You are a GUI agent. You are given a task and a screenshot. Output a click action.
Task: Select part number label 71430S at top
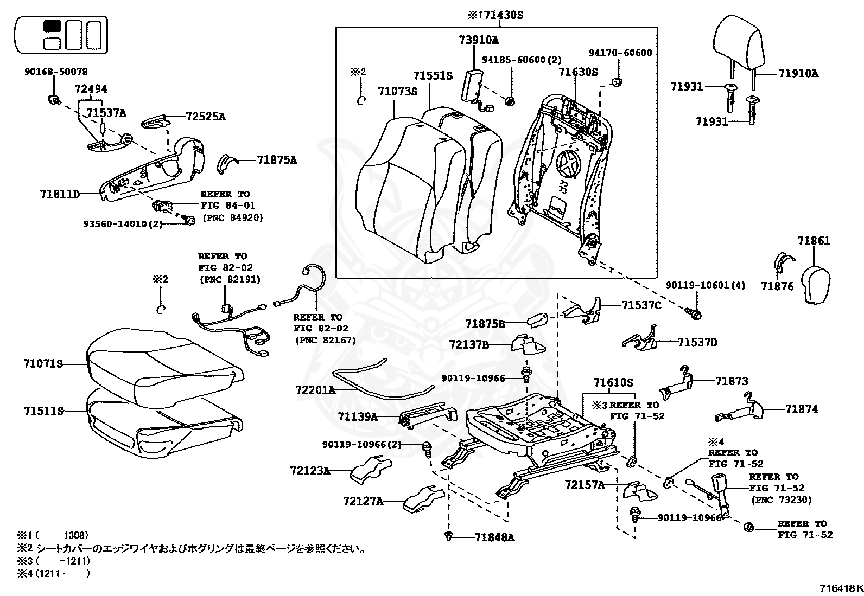(503, 15)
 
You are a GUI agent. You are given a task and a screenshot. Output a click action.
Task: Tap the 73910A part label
(479, 40)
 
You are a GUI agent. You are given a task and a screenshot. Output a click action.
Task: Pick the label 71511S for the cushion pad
(43, 411)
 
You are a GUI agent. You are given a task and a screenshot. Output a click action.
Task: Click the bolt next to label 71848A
(448, 536)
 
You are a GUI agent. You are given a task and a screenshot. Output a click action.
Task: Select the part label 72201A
(315, 389)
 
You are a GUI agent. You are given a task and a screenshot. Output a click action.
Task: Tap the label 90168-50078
(55, 71)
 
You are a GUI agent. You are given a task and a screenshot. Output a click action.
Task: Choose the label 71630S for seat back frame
(578, 71)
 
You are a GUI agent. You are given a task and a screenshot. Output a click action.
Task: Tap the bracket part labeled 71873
(678, 383)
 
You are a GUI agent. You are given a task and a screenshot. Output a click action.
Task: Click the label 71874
(801, 409)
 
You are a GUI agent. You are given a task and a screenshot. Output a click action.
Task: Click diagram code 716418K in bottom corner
(841, 588)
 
